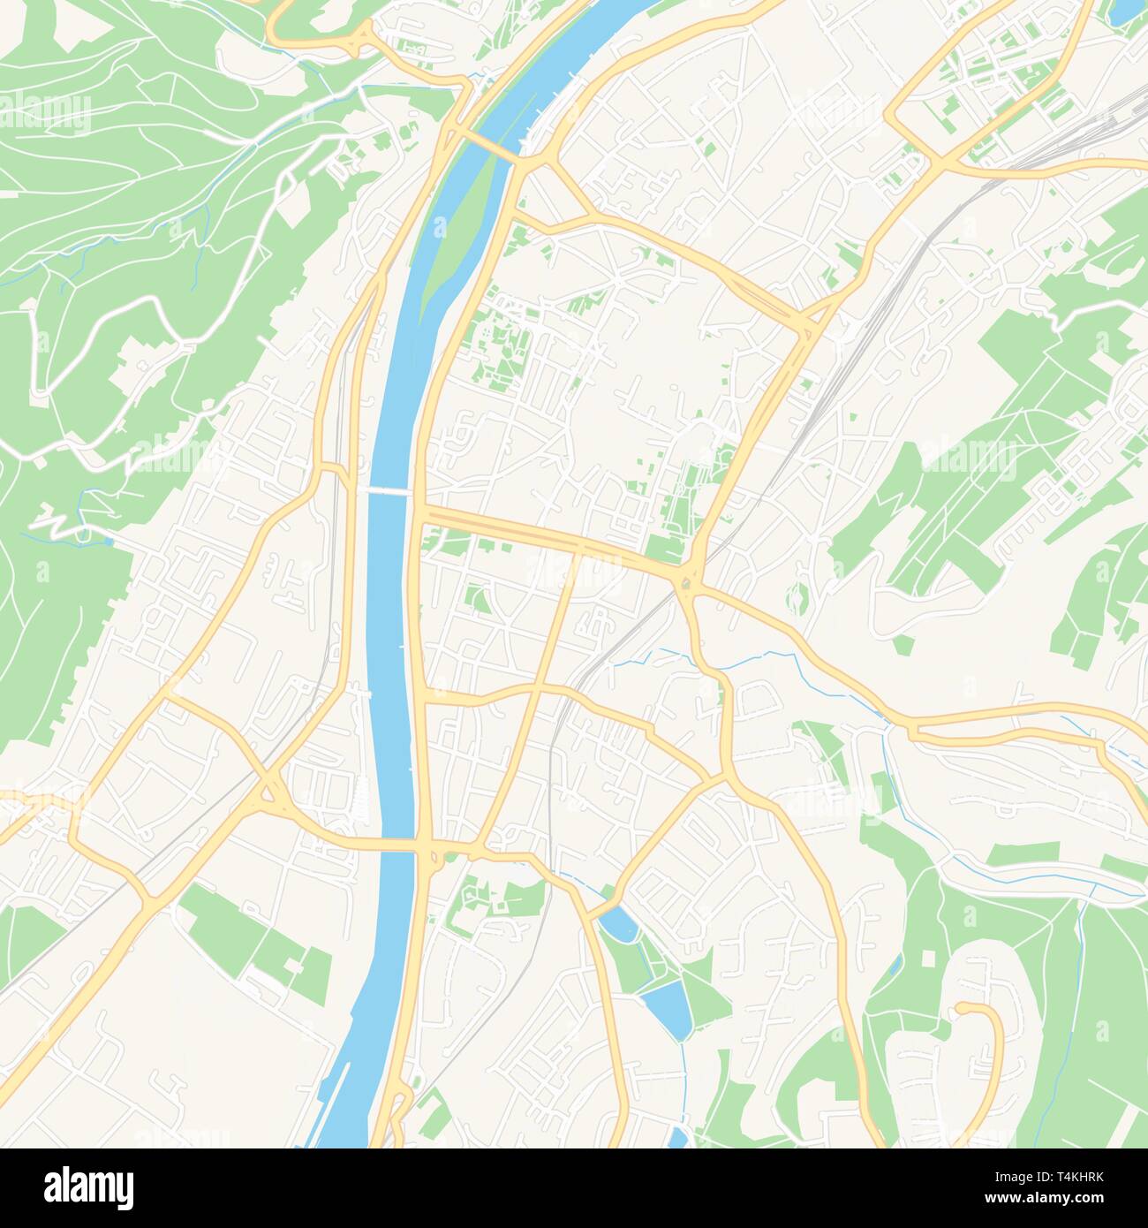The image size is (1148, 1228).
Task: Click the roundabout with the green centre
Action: click(686, 582)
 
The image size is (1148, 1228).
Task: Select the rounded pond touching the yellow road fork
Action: click(616, 924)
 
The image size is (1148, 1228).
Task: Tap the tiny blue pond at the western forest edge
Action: click(108, 542)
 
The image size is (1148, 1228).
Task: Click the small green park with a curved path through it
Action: click(478, 601)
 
